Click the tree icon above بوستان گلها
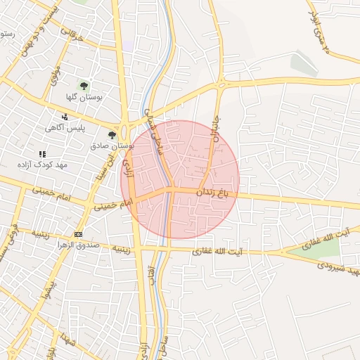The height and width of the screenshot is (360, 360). tap(84, 86)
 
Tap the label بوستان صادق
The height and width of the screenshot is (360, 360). tap(112, 146)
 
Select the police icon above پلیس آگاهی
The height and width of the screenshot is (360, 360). tap(65, 117)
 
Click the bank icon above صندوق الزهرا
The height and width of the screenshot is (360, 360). tap(77, 234)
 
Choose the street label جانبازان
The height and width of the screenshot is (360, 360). tap(214, 129)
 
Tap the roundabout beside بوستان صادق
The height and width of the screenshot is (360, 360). tap(126, 131)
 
